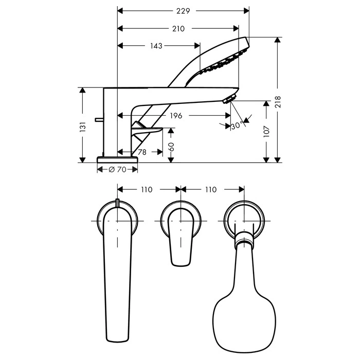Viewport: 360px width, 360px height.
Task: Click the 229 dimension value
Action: pos(183,11)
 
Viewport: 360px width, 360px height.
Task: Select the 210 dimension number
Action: pos(178,29)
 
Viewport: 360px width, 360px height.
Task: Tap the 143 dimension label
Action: pos(156,46)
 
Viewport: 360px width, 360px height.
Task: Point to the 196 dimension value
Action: pos(176,116)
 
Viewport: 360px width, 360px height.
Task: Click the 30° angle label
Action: pos(238,125)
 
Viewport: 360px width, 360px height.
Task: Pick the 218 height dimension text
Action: pos(278,102)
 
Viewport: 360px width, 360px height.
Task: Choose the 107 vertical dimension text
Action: pos(266,131)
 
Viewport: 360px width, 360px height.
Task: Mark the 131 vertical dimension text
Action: pos(82,127)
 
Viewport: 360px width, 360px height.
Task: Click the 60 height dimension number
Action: pos(171,147)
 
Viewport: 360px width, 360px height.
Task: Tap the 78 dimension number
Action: pos(142,152)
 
